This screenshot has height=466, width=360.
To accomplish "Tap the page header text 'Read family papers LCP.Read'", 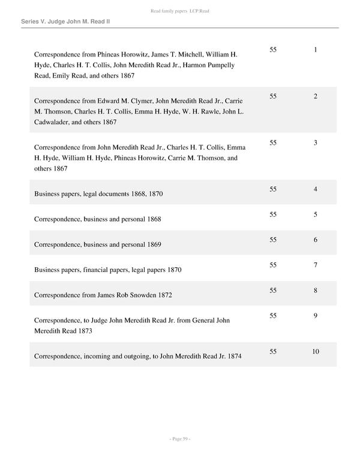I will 179,11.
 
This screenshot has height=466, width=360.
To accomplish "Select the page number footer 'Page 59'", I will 179,439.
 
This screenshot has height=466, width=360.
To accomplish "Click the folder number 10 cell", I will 315,351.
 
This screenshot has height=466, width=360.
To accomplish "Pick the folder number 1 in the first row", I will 315,49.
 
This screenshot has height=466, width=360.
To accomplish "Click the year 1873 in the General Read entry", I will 83,331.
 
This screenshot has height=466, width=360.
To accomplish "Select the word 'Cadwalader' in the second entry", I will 58,123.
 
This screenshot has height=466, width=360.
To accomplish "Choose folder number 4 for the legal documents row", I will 315,189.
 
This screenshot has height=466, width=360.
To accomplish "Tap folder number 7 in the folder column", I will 315,265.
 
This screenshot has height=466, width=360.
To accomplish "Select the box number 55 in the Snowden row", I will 274,291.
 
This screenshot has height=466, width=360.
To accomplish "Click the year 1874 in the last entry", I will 232,356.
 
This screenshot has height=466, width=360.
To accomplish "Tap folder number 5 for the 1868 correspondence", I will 315,214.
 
